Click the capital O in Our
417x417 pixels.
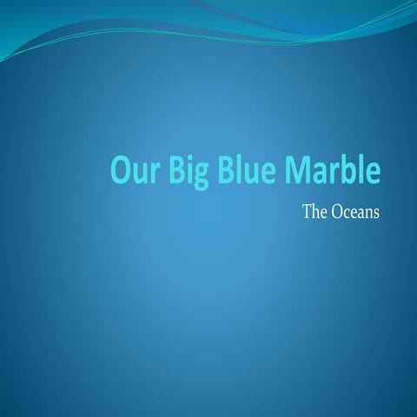[120, 170]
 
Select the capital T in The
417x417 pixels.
[307, 210]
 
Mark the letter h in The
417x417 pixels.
[314, 210]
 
